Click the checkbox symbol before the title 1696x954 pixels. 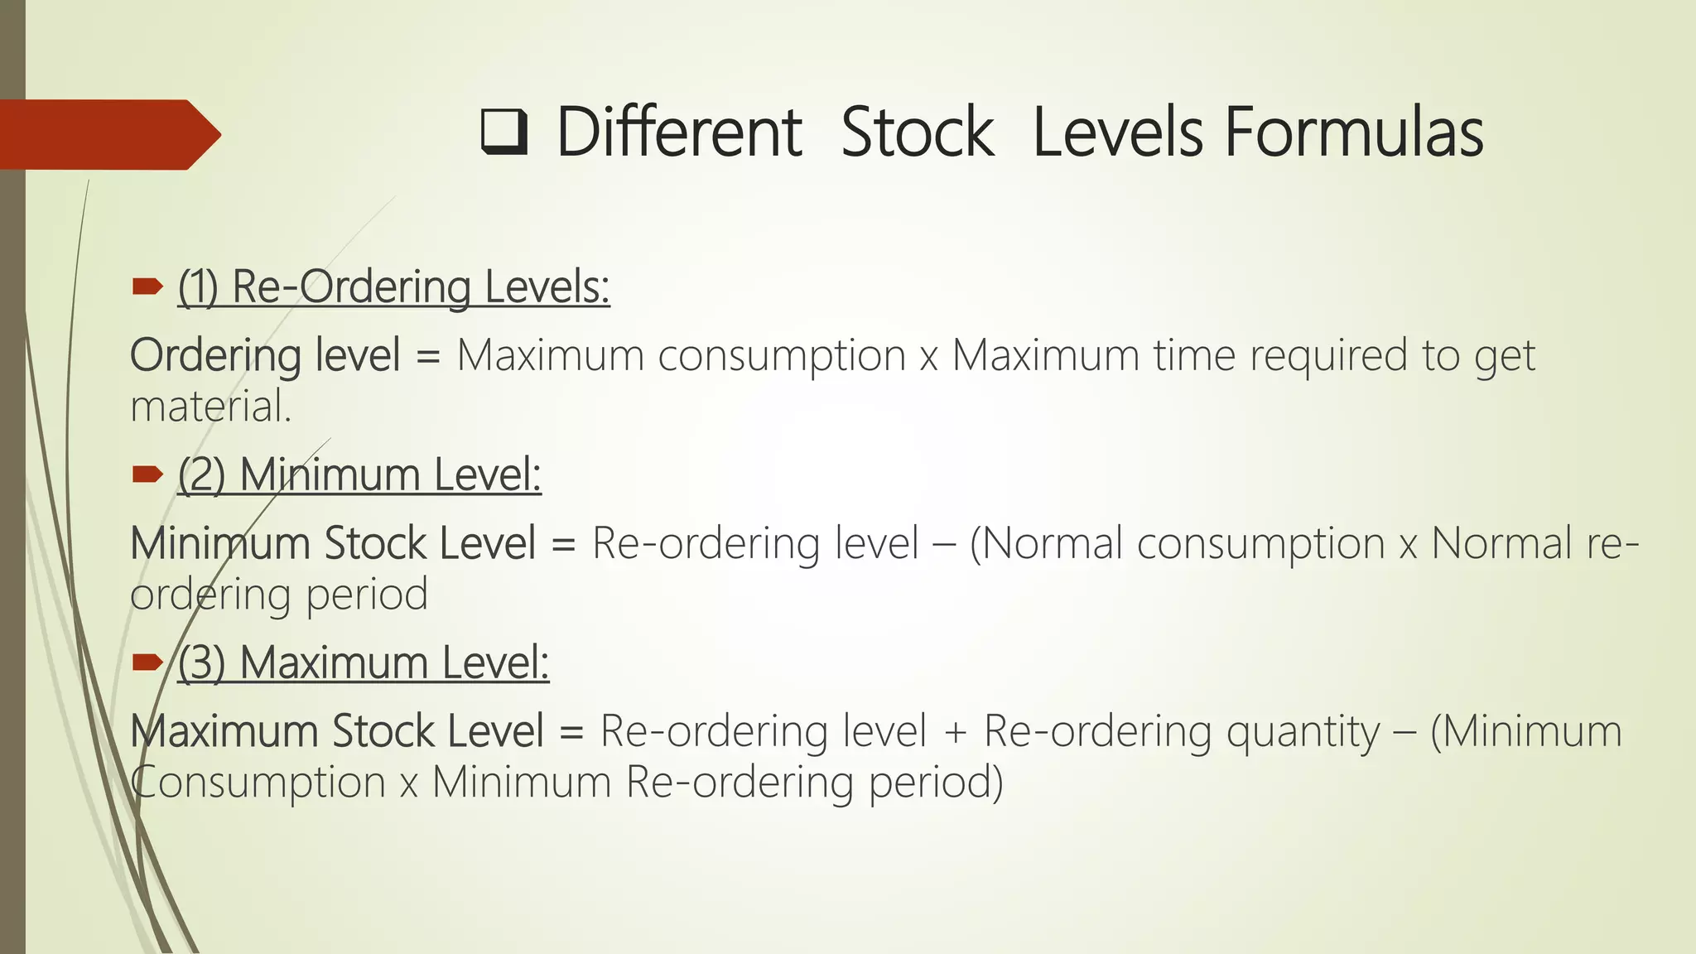[504, 133]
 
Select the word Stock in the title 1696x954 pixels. [917, 132]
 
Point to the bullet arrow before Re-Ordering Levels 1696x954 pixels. [147, 287]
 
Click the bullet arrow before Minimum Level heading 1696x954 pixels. [147, 475]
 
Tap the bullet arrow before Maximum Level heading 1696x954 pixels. [147, 662]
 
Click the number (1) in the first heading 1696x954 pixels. [198, 287]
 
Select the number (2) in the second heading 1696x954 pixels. [201, 475]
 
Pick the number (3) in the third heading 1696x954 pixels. [201, 663]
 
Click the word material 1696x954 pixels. [211, 407]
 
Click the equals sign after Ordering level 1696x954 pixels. [428, 357]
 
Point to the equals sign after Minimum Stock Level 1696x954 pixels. [564, 545]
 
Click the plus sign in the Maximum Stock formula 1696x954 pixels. [955, 733]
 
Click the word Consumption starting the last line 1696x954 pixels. [258, 783]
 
